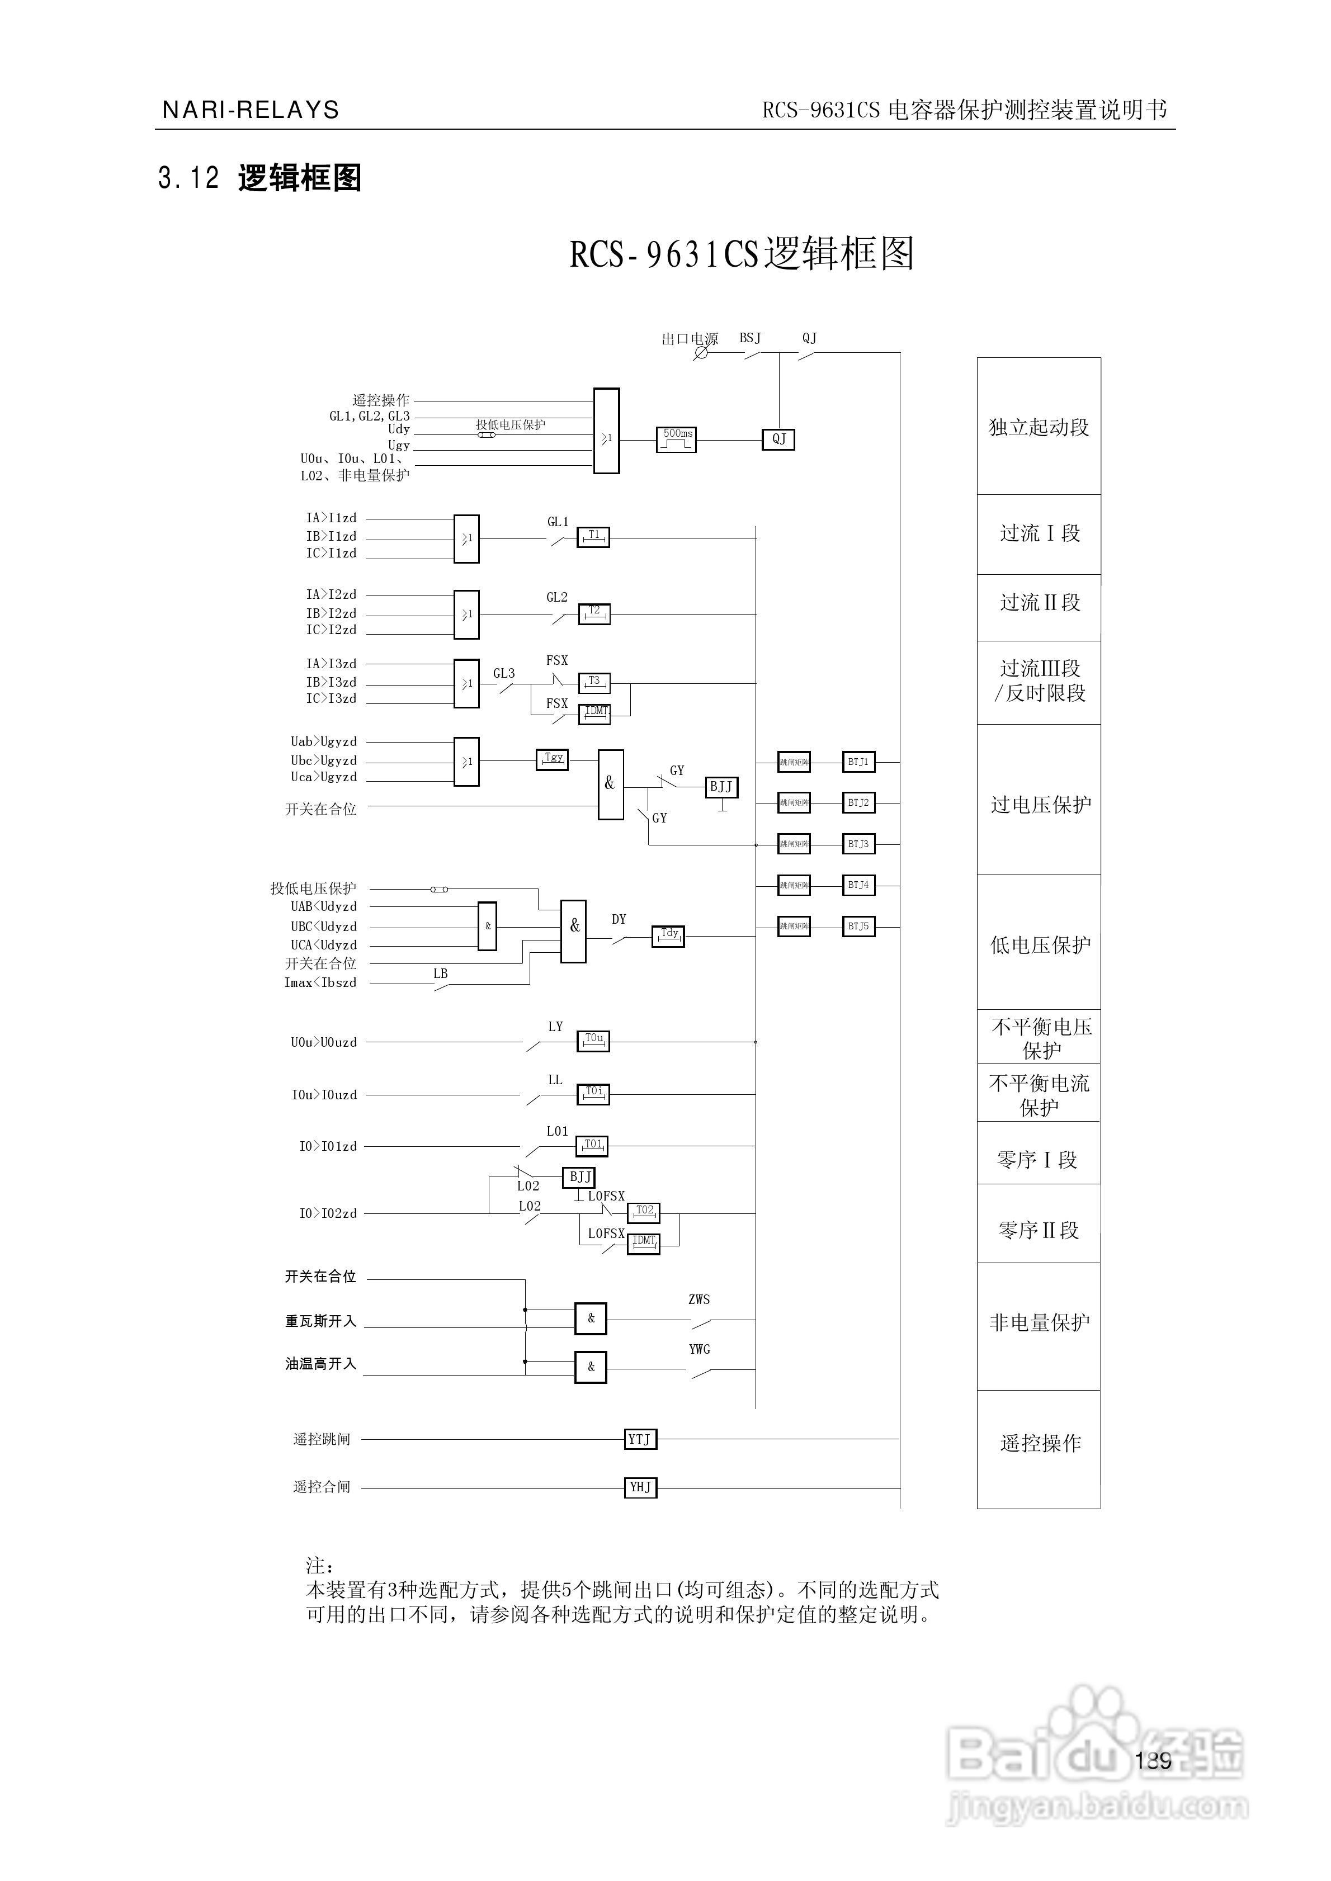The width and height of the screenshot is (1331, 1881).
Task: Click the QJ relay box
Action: point(778,439)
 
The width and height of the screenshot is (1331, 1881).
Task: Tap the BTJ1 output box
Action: point(858,762)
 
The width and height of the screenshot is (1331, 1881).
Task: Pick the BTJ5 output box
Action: point(858,927)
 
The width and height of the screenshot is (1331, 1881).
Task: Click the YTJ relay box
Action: point(640,1439)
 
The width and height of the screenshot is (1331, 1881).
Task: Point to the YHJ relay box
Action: point(640,1487)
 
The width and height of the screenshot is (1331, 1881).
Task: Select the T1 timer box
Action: point(593,537)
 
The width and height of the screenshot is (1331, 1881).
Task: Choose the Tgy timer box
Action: point(553,760)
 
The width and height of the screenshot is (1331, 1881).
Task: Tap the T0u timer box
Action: point(593,1041)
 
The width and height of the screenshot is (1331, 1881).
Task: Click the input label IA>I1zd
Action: point(331,518)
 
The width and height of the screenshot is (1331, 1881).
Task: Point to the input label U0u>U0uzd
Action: point(324,1042)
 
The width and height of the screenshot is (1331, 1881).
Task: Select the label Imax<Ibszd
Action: point(320,982)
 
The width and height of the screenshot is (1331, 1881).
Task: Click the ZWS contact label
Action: point(699,1300)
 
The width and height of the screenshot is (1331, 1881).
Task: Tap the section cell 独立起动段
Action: point(1039,427)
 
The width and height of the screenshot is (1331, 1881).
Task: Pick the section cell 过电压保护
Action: point(1039,805)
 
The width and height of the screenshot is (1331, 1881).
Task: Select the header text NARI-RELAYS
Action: point(251,110)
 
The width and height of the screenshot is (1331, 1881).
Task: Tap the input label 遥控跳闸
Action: point(321,1439)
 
